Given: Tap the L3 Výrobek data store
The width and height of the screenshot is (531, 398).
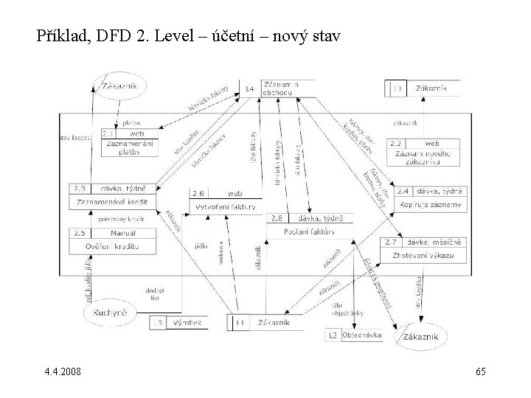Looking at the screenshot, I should click(179, 322).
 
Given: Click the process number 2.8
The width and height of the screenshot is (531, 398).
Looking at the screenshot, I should click(276, 218).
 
